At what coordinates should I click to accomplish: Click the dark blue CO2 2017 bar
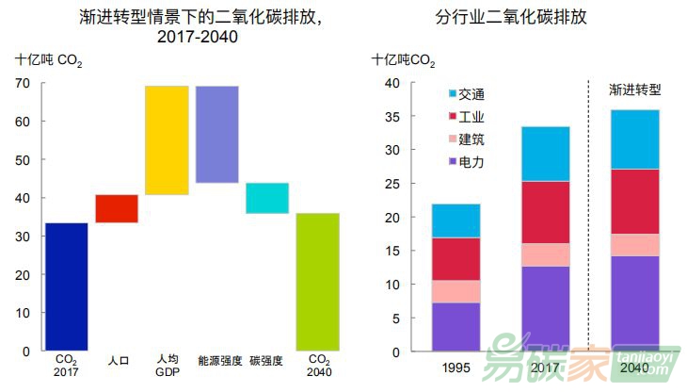[66, 286]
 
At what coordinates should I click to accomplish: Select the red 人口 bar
[117, 208]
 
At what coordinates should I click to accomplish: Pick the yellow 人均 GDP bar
[167, 140]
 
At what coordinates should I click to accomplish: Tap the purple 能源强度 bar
[216, 134]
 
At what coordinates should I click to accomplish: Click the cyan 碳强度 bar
[267, 198]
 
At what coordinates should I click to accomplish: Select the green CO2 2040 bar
[317, 282]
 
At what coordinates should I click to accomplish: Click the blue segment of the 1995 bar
[455, 220]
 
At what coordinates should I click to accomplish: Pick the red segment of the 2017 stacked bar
[545, 212]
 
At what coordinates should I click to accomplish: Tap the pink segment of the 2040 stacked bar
[634, 245]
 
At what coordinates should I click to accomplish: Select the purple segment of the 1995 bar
[455, 327]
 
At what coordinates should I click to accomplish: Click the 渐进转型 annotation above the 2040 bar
[635, 90]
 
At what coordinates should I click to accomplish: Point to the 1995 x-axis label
[455, 367]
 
